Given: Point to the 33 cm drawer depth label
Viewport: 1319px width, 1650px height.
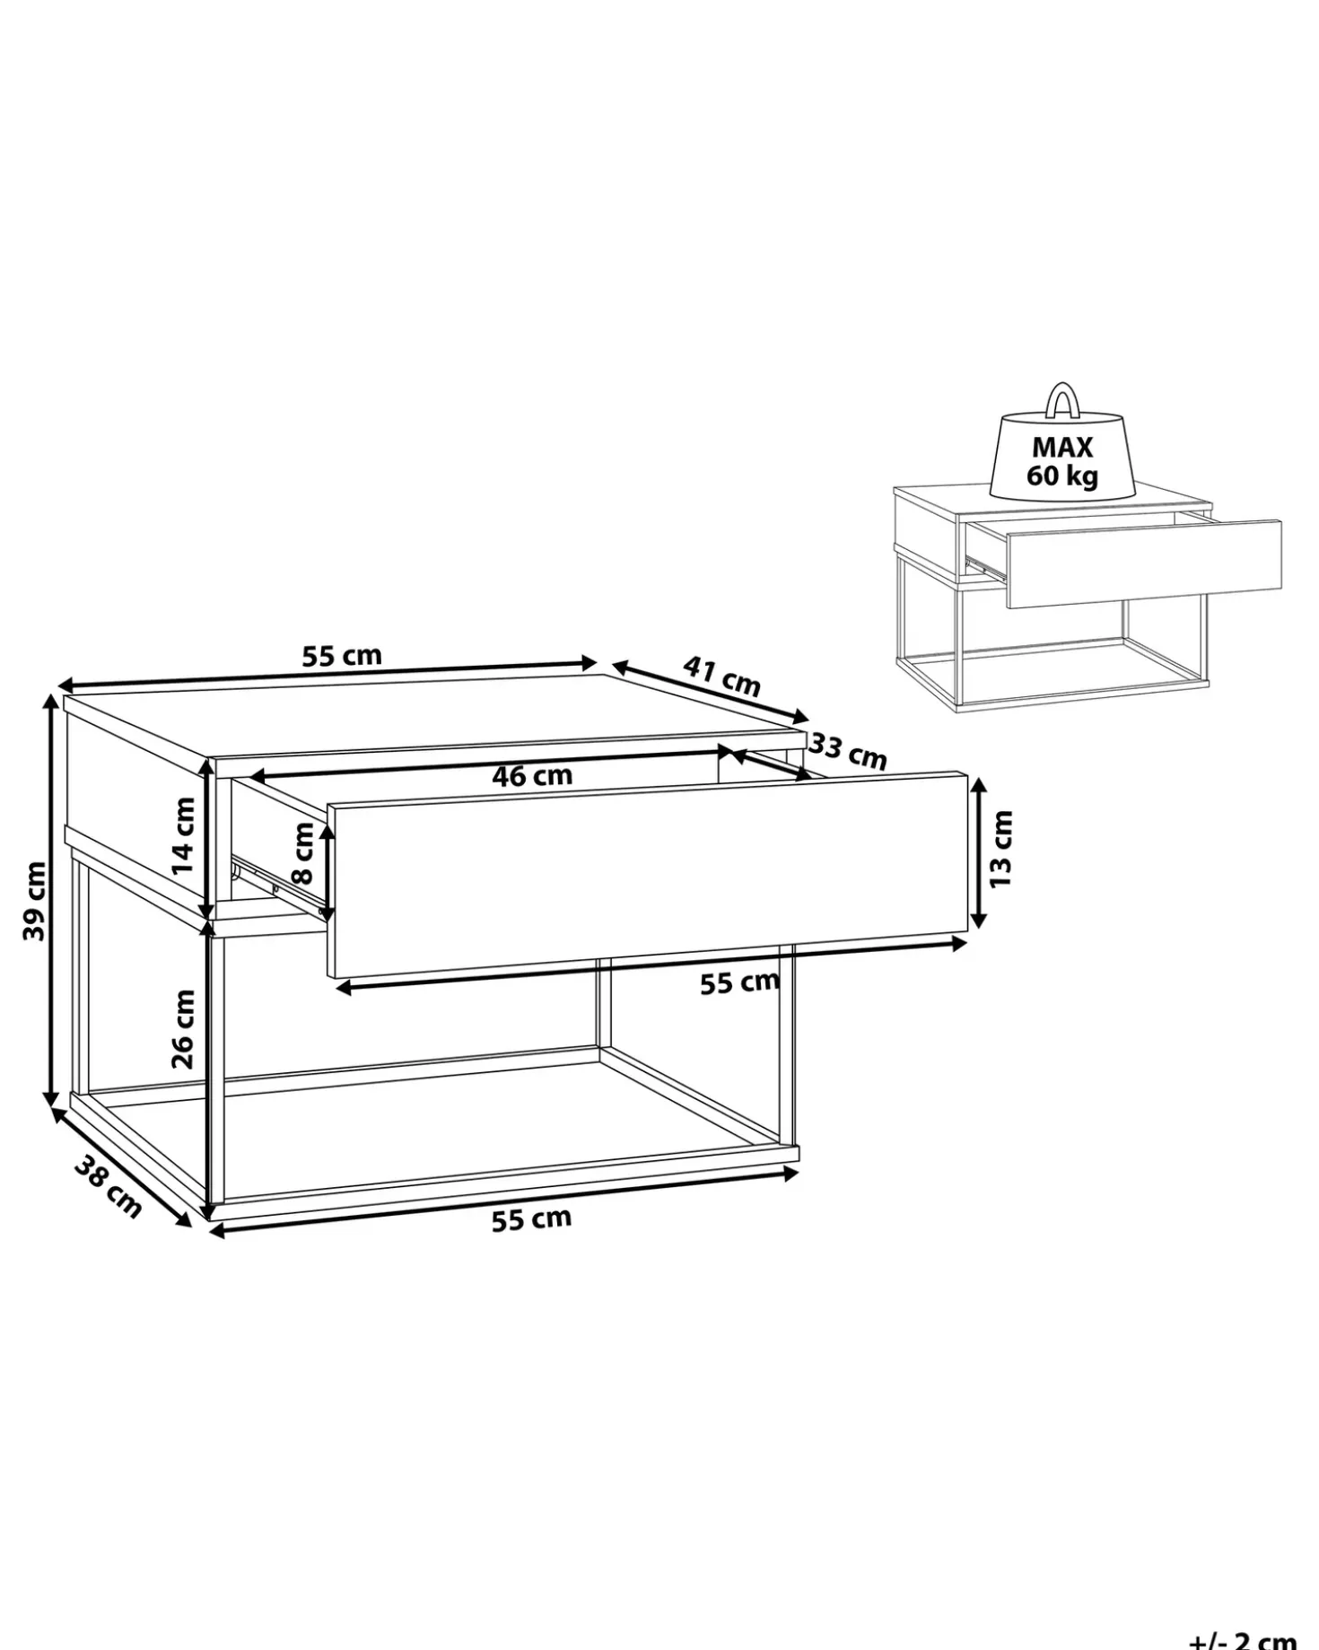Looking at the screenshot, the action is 848,752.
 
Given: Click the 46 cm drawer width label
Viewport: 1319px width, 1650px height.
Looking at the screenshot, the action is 532,775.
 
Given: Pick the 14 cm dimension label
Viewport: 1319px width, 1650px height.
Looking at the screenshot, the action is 183,835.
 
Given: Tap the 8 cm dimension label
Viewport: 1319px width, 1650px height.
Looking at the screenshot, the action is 304,852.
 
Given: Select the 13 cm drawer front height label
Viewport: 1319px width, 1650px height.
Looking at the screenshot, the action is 1001,849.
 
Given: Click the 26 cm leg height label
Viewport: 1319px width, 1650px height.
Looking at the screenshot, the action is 183,1028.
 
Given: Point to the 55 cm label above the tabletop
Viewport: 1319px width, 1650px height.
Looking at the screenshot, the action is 342,656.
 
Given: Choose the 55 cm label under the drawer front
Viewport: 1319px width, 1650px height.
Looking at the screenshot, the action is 739,982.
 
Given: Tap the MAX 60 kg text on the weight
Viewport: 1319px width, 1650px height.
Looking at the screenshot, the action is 1062,460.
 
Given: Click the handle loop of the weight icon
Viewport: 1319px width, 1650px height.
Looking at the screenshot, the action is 1062,400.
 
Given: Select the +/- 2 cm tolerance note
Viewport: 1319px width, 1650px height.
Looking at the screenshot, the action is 1243,1639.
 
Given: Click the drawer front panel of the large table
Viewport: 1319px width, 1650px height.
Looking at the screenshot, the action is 648,875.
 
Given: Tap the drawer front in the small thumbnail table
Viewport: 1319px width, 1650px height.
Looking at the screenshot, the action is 1144,563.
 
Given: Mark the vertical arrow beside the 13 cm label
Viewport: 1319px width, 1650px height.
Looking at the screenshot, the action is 979,852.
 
